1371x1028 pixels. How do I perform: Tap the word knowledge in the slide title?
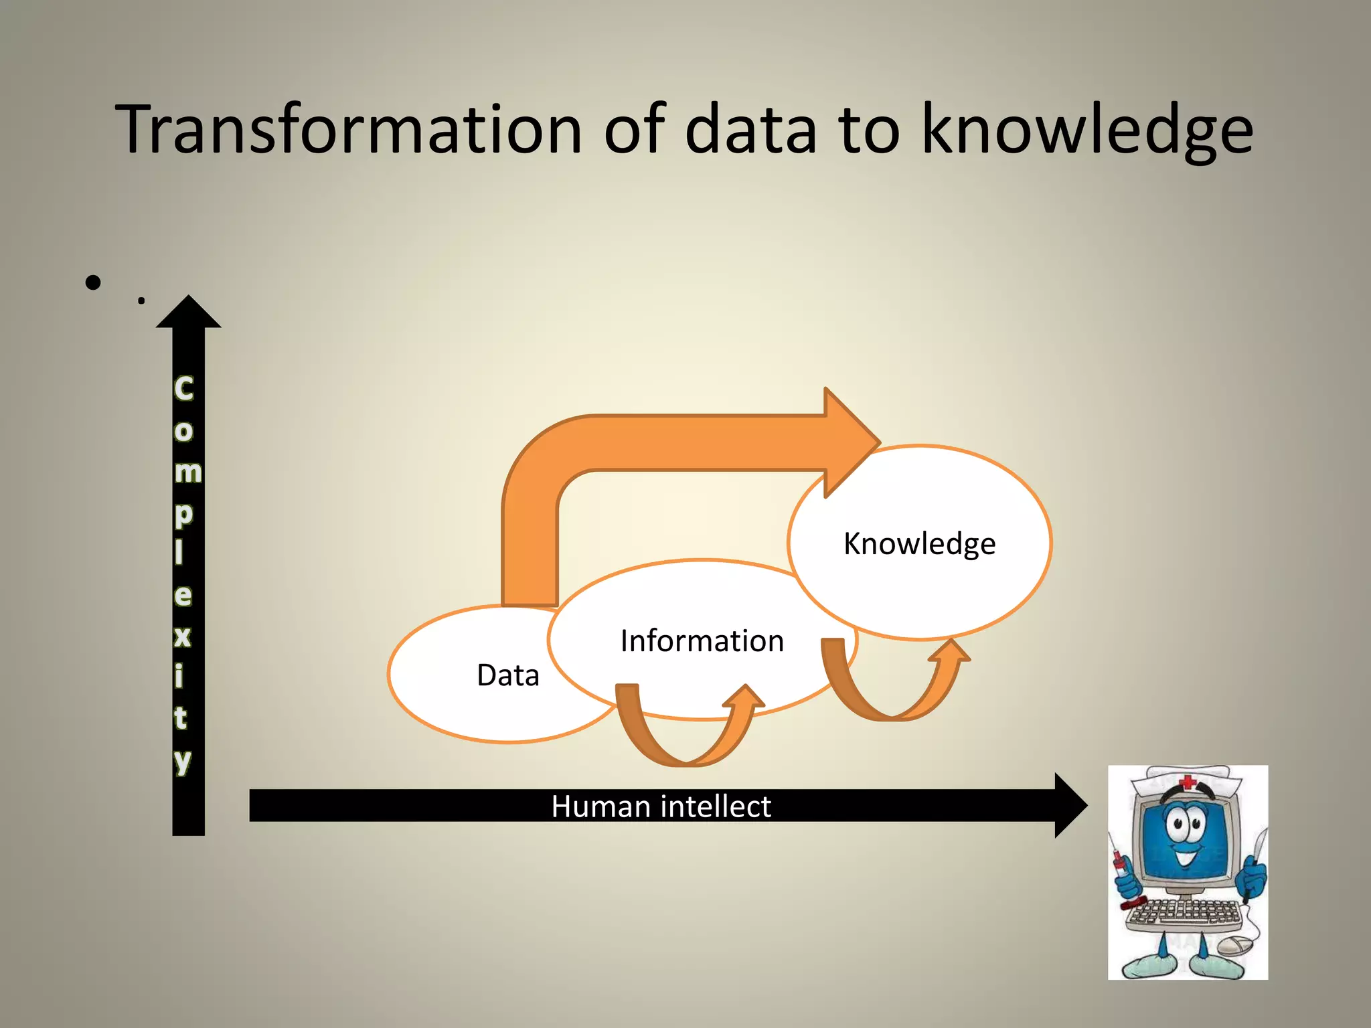point(1087,131)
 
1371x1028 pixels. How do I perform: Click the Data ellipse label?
point(507,675)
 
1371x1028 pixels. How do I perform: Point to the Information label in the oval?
point(702,641)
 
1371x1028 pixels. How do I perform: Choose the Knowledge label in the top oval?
point(919,543)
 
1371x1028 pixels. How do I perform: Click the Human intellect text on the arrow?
point(661,806)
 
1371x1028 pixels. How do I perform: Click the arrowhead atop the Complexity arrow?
point(189,313)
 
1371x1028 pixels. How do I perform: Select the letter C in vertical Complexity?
point(183,389)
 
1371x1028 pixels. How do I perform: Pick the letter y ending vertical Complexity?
point(183,761)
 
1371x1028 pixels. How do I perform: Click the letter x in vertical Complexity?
point(182,636)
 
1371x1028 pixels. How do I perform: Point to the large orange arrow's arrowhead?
point(850,442)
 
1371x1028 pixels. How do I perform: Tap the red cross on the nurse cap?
point(1187,782)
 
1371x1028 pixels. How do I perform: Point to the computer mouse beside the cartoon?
point(1234,946)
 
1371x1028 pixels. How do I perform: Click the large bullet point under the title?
point(93,282)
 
